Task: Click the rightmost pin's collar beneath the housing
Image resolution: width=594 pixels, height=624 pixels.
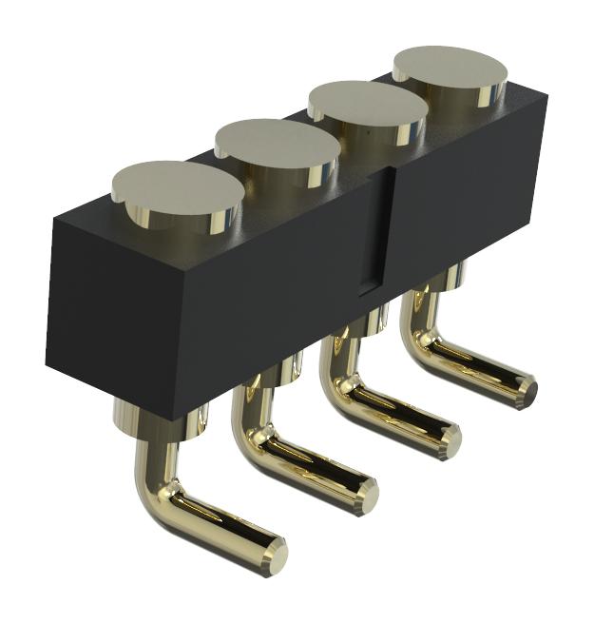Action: (x=452, y=276)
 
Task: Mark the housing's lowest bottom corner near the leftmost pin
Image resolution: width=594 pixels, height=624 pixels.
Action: (x=172, y=419)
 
